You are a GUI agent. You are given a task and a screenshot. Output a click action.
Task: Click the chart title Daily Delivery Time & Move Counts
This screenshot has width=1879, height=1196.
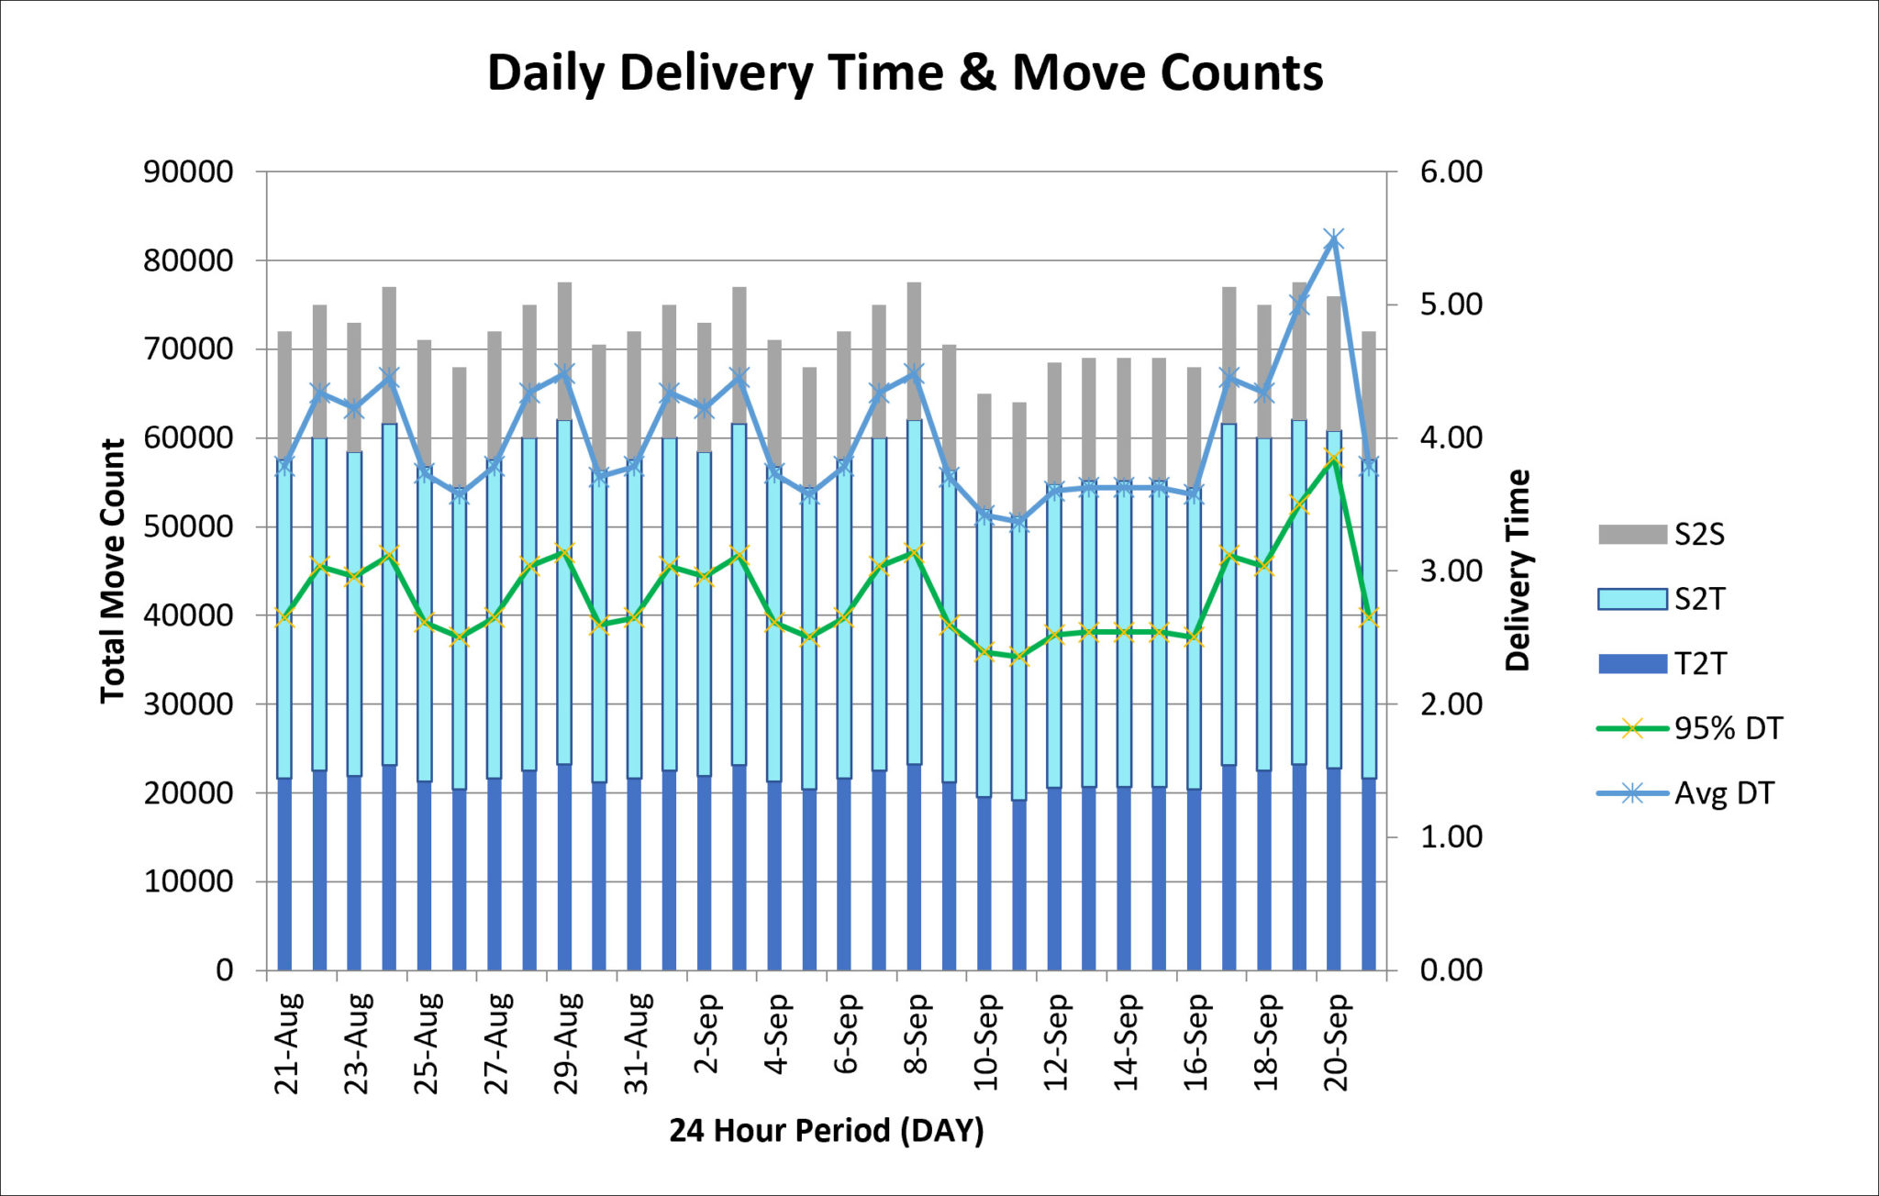click(904, 72)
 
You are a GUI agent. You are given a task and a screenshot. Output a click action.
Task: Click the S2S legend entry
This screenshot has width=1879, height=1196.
click(1698, 535)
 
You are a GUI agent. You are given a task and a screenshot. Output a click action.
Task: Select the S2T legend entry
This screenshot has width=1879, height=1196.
click(1698, 599)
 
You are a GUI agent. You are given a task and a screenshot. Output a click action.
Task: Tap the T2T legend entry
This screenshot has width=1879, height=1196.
click(1698, 663)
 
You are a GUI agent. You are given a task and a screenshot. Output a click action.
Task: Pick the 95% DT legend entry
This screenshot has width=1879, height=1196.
click(1727, 728)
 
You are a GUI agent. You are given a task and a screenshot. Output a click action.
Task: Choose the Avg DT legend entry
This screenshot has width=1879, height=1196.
click(1723, 793)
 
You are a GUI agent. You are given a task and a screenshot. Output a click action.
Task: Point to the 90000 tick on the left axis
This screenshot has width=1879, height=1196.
click(188, 172)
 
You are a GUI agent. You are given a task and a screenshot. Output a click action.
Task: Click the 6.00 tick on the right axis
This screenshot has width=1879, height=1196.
click(1451, 172)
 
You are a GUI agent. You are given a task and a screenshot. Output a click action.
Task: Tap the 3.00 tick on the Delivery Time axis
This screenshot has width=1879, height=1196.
click(1451, 571)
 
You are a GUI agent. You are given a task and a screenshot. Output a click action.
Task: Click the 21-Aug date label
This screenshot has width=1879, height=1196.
click(287, 1043)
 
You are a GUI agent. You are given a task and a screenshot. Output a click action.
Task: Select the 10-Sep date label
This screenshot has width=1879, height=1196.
click(986, 1043)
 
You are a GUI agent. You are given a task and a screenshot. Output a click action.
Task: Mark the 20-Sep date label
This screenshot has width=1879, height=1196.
click(1337, 1043)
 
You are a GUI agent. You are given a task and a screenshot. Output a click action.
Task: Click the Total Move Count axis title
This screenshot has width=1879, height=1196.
click(112, 570)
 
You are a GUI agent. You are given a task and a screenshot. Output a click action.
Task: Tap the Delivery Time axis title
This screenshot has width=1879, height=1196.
click(1518, 570)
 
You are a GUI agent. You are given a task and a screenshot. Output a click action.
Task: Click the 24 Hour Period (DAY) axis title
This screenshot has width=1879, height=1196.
click(826, 1130)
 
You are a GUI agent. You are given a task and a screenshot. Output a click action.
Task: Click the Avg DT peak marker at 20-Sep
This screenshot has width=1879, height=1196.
click(1334, 239)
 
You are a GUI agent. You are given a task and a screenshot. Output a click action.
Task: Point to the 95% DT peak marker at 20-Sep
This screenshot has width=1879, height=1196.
click(1334, 457)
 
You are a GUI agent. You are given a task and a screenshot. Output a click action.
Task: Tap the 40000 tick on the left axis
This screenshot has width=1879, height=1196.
click(188, 615)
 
